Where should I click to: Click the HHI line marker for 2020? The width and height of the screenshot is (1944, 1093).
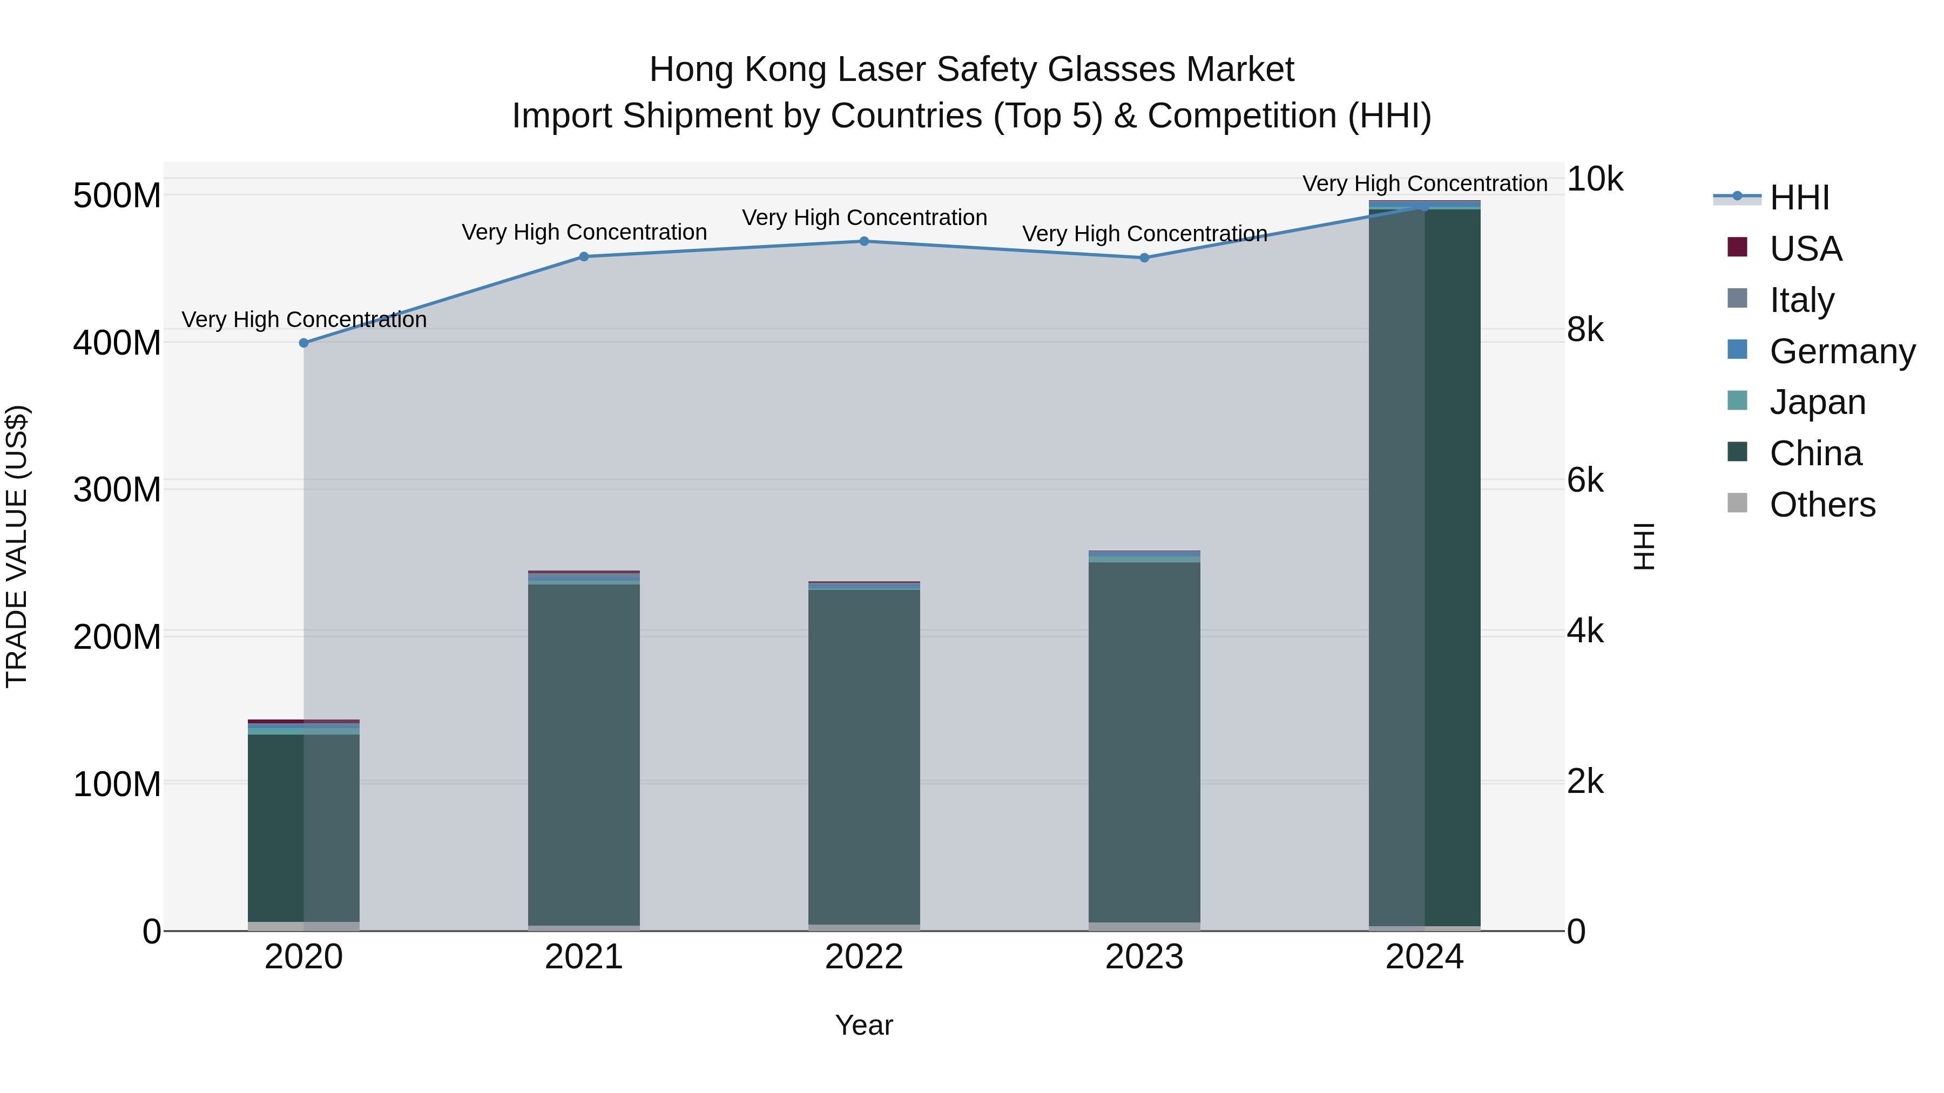coord(304,342)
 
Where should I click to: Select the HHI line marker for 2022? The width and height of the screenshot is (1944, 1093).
coord(864,241)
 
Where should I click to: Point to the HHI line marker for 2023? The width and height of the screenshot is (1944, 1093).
coord(1144,258)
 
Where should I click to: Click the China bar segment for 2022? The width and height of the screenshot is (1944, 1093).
coord(864,755)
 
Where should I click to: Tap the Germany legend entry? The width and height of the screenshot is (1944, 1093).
coord(1841,351)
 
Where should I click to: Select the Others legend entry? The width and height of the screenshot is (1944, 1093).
coord(1822,505)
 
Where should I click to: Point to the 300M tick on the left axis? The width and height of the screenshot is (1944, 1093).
coord(117,490)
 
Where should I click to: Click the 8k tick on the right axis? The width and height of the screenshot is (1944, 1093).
coord(1585,330)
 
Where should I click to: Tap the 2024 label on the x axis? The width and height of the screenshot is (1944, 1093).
coord(1424,957)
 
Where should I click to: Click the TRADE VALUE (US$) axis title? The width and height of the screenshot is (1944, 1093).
coord(17,546)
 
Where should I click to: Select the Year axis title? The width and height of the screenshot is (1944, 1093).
coord(864,1025)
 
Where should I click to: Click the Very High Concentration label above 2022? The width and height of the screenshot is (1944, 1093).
coord(864,217)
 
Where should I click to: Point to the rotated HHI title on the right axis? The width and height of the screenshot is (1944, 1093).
coord(1644,546)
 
